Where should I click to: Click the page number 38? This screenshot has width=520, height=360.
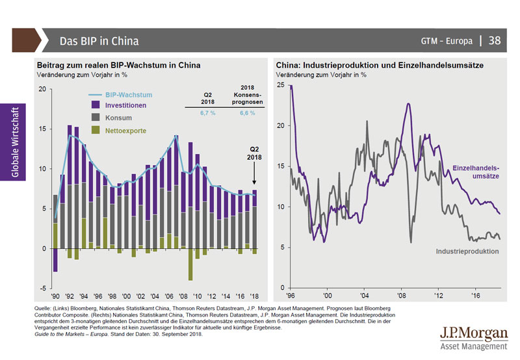pos(494,40)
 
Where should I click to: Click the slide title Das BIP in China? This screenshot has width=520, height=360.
pos(99,41)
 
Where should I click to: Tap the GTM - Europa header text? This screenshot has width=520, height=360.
pos(447,41)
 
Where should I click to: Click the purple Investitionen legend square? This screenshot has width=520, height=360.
pos(95,105)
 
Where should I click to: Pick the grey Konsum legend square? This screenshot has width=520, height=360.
pos(95,118)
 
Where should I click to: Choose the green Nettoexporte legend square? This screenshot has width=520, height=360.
pos(95,131)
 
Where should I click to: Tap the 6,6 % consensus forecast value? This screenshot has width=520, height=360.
pos(247,113)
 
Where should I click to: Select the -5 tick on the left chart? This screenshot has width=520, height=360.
pos(41,288)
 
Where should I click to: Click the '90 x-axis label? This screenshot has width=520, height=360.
pos(55,294)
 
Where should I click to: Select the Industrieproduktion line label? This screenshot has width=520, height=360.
pos(467,250)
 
